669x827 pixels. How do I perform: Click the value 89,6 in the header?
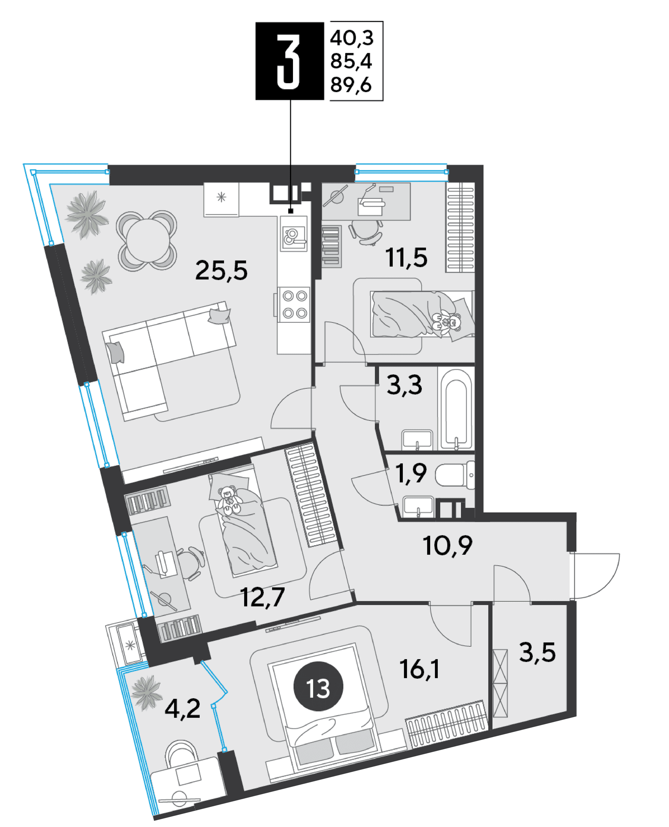[x=351, y=85]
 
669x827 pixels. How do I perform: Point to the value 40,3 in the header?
[x=351, y=38]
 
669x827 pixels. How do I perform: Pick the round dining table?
[x=146, y=241]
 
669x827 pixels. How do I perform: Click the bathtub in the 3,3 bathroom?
[x=456, y=409]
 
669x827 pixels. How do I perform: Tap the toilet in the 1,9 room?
[x=455, y=475]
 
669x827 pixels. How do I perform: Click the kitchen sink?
[x=294, y=234]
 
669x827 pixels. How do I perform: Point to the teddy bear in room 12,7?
[x=230, y=501]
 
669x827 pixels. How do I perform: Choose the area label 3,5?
[x=537, y=653]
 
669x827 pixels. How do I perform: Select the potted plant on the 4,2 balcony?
[x=146, y=693]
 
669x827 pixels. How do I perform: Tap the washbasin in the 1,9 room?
[x=418, y=507]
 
